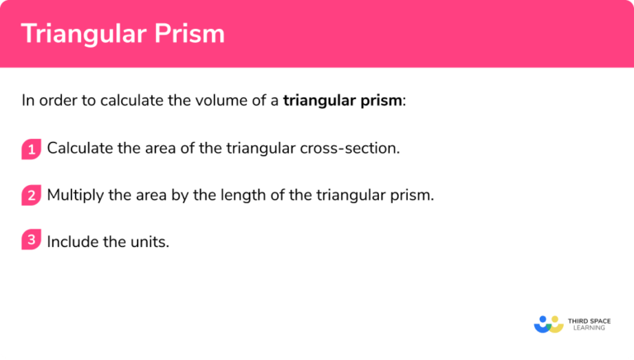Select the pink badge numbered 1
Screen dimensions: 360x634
pos(31,149)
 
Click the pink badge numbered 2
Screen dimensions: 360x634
pos(31,196)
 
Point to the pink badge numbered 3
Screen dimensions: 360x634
pos(31,241)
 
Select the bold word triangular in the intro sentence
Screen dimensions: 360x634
pos(319,102)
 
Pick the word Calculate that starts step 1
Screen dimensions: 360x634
pos(78,149)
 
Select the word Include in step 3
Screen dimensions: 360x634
pos(71,242)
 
